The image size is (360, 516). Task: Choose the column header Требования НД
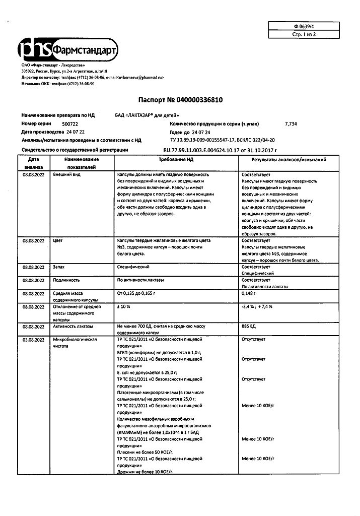click(x=176, y=159)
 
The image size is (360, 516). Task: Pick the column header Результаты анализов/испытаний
click(x=289, y=159)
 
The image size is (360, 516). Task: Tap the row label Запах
click(x=59, y=267)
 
